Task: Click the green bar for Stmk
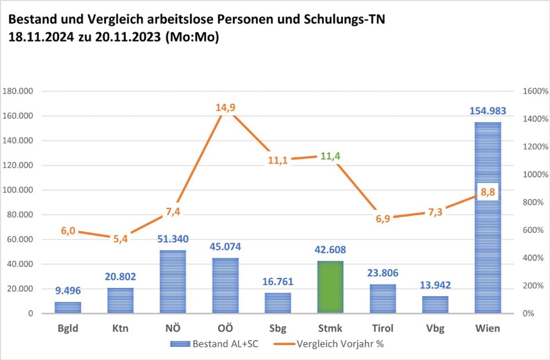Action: point(330,287)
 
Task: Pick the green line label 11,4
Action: point(330,156)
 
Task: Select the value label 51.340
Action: point(172,239)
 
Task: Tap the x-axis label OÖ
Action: point(225,329)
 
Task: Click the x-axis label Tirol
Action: point(382,329)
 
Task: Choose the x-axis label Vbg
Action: point(435,329)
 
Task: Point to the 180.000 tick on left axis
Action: point(19,91)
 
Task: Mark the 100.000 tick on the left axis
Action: point(19,190)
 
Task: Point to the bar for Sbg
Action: point(277,303)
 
